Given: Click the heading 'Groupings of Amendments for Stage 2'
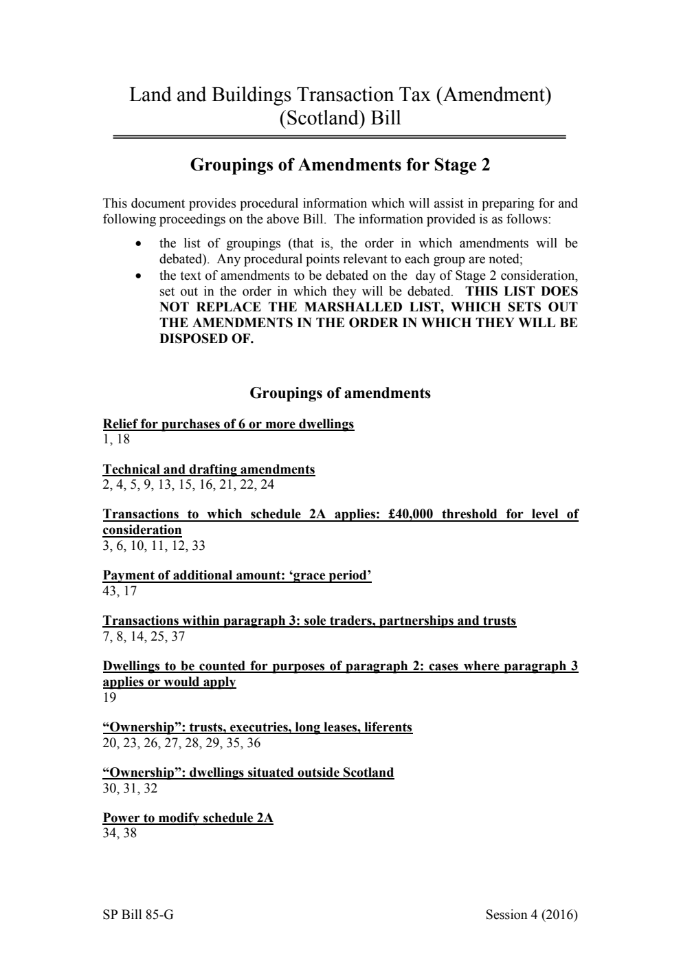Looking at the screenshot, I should (x=339, y=165).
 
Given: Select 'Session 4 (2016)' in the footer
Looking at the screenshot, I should (x=531, y=915).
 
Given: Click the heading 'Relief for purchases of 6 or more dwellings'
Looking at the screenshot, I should (x=228, y=424).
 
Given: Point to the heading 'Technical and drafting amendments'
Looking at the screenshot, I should (x=209, y=469).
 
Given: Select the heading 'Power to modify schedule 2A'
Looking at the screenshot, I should (x=188, y=818).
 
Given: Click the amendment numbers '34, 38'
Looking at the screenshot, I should (x=120, y=834).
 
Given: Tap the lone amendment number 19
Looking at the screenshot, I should (x=110, y=698).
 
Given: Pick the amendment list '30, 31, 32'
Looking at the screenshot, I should (x=130, y=788).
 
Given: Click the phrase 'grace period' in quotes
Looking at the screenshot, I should (x=332, y=575).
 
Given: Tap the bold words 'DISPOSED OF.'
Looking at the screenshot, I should (x=206, y=339).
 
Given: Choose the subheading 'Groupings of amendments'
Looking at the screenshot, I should (x=339, y=393).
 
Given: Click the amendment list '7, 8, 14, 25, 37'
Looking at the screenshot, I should (x=144, y=637).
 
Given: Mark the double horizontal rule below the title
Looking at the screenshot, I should (x=339, y=137).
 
